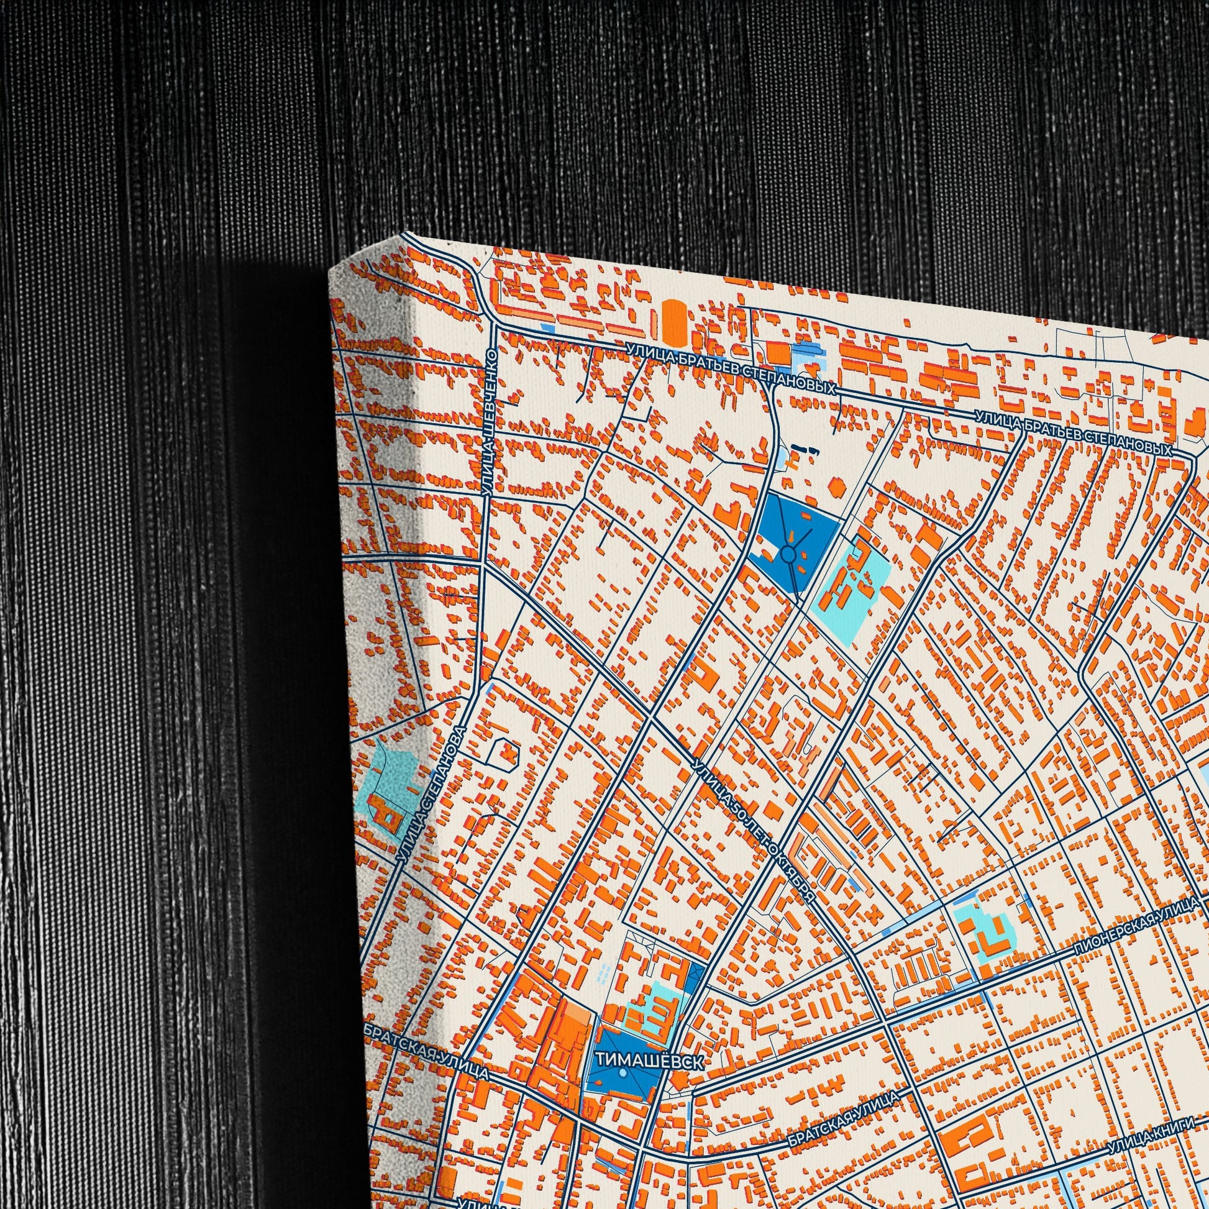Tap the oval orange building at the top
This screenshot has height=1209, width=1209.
673,322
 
